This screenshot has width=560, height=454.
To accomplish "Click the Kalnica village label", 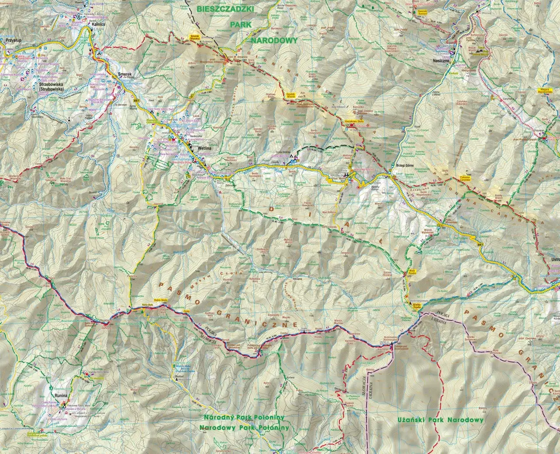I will point(97,25).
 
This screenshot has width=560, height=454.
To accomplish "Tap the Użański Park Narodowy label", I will point(441,419).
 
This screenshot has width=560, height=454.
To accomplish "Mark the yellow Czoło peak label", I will point(187,311).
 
